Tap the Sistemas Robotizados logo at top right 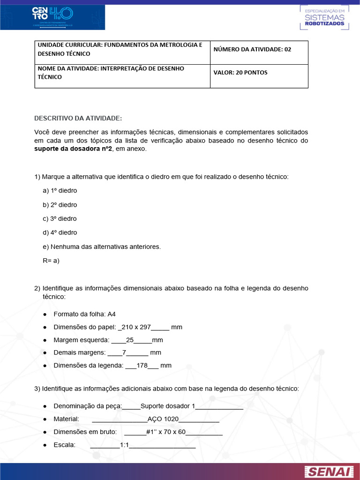click(324, 18)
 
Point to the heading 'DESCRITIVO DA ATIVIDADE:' click(78, 118)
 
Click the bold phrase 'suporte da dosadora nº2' click(73, 149)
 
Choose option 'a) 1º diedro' click(60, 191)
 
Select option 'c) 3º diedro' click(60, 218)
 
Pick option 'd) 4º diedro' click(60, 232)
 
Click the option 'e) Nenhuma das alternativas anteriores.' click(102, 247)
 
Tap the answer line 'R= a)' click(51, 261)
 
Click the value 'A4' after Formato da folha click(112, 314)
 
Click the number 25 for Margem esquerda click(130, 340)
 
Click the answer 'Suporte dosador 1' click(167, 406)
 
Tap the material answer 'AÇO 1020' click(163, 419)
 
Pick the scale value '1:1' click(124, 445)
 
